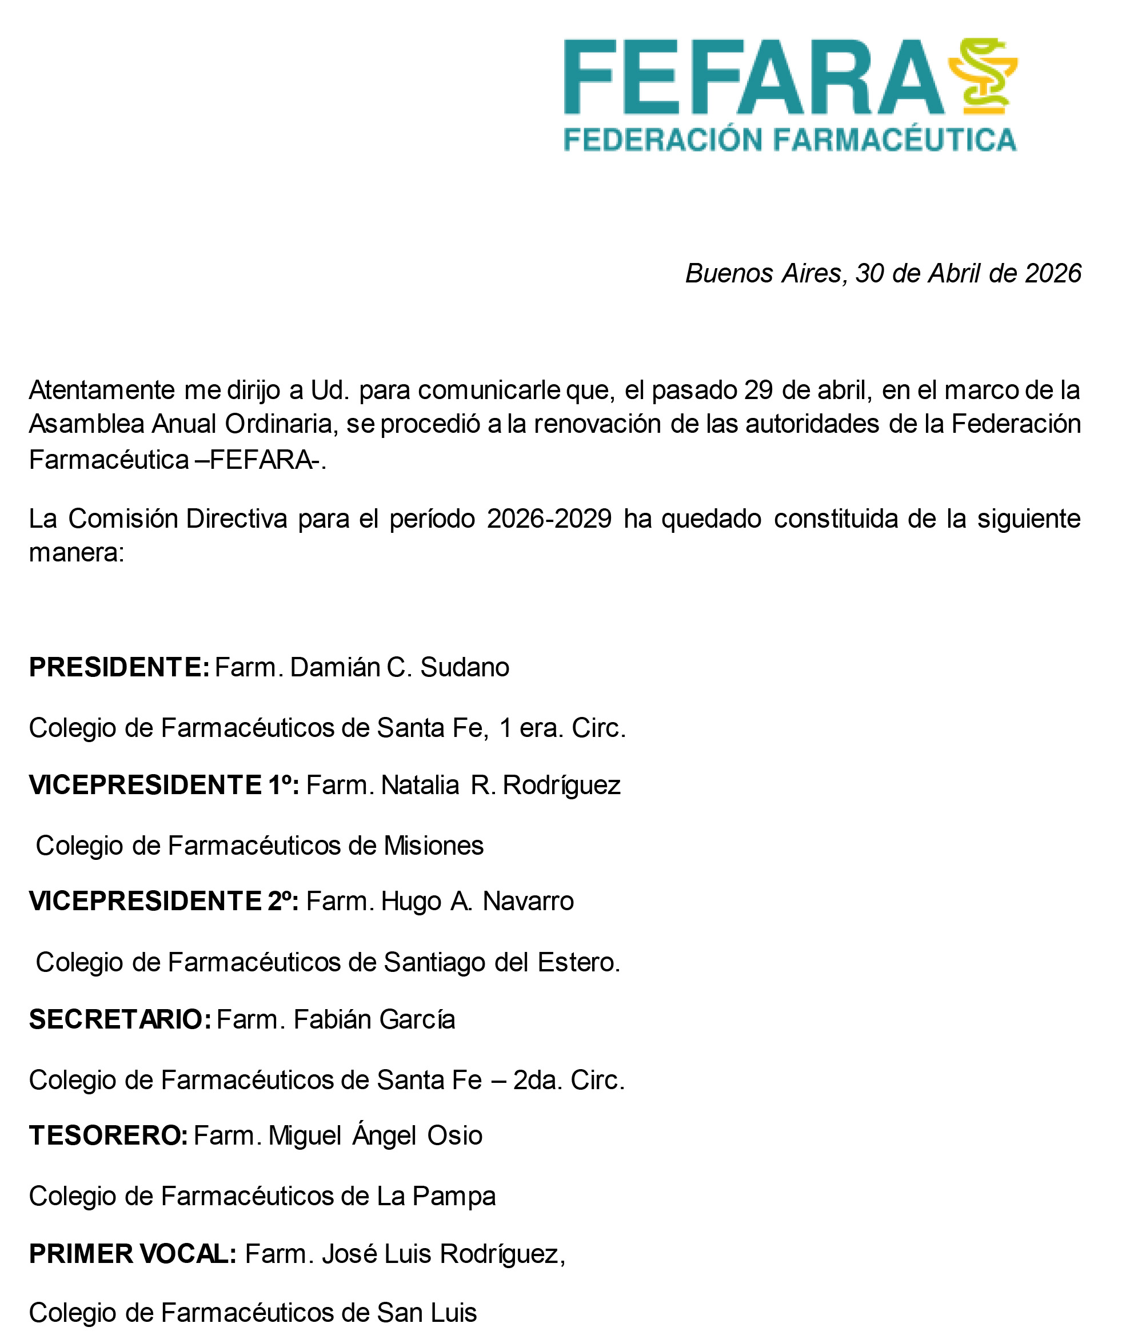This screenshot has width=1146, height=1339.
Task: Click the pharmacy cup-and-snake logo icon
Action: click(x=982, y=75)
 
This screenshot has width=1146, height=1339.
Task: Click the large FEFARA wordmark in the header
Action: click(x=753, y=78)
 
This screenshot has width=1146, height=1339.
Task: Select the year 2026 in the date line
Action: click(x=1053, y=274)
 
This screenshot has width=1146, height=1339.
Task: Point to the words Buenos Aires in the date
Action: click(x=763, y=274)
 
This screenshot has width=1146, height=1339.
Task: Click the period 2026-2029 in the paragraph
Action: click(x=549, y=519)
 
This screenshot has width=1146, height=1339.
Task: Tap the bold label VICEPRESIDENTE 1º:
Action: click(x=164, y=785)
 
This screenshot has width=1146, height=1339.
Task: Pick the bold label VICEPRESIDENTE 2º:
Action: click(x=164, y=902)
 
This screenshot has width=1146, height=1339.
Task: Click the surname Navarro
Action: click(x=528, y=902)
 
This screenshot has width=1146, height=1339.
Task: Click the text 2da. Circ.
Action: click(x=569, y=1080)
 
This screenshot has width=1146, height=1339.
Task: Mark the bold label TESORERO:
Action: click(x=109, y=1135)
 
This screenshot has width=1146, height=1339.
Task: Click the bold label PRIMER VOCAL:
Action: click(x=133, y=1254)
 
